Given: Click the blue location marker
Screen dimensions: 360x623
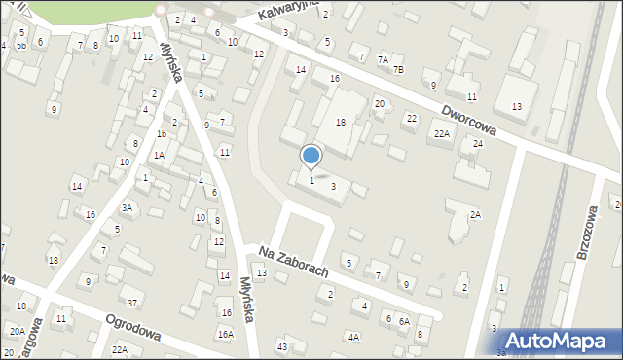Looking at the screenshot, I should (x=311, y=156).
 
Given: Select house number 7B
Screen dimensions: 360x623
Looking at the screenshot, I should (x=397, y=70).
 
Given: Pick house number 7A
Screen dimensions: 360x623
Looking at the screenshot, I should (x=384, y=60).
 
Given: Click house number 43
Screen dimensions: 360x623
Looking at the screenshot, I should (x=282, y=347).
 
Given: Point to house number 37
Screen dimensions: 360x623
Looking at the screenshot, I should (x=132, y=303).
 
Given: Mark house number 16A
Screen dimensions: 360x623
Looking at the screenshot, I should (x=226, y=334).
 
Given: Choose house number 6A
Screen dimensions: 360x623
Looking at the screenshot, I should (x=403, y=321).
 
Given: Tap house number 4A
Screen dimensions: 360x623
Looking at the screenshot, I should (x=353, y=338).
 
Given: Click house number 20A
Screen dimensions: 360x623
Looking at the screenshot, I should (x=18, y=331).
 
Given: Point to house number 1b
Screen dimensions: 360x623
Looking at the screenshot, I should (x=162, y=134).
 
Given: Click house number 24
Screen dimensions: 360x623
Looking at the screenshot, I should (x=477, y=144).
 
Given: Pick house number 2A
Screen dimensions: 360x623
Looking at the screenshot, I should (x=475, y=215).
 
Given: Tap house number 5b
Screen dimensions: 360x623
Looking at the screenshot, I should (x=20, y=46).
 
